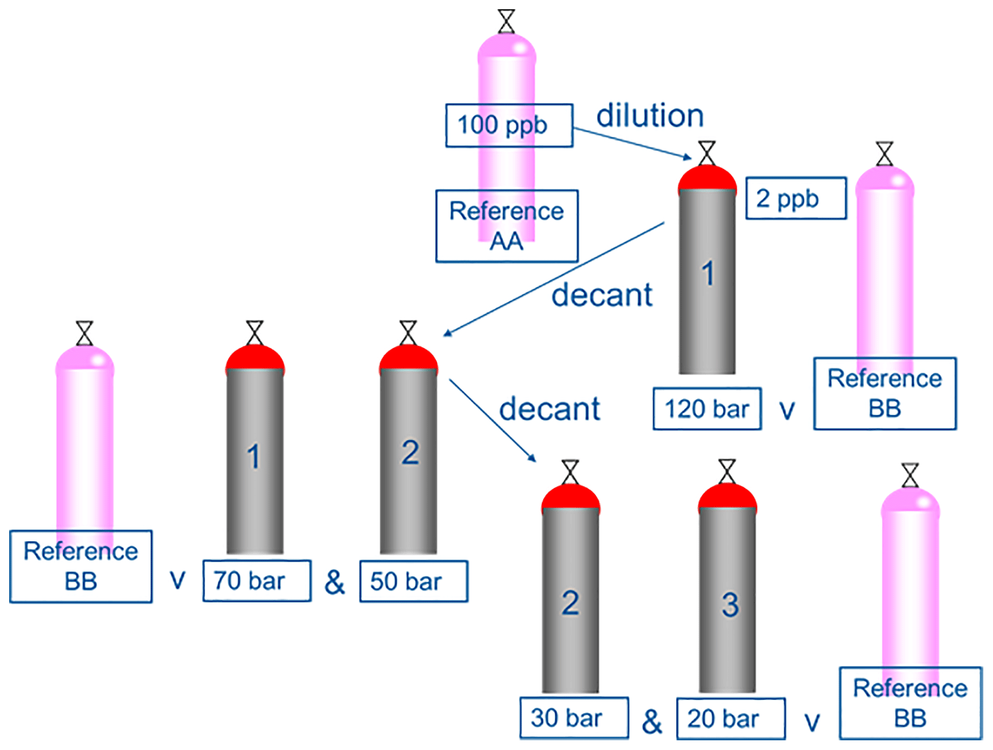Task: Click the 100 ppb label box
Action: tap(509, 125)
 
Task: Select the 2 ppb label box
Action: tap(796, 198)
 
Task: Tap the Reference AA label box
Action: tap(506, 226)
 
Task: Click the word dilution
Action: tap(650, 115)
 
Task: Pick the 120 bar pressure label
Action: tap(707, 409)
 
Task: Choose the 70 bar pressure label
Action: tap(257, 581)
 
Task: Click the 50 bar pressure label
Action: tap(413, 581)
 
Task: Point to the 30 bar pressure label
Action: tap(574, 718)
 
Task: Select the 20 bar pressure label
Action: tap(730, 719)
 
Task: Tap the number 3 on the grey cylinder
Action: tap(730, 604)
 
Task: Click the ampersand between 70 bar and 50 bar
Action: tap(334, 582)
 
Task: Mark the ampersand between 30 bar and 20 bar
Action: tap(652, 721)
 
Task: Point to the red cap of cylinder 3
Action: tap(727, 497)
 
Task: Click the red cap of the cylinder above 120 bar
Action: tap(707, 178)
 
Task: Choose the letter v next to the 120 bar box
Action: tap(787, 411)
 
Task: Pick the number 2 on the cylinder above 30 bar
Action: tap(570, 602)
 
